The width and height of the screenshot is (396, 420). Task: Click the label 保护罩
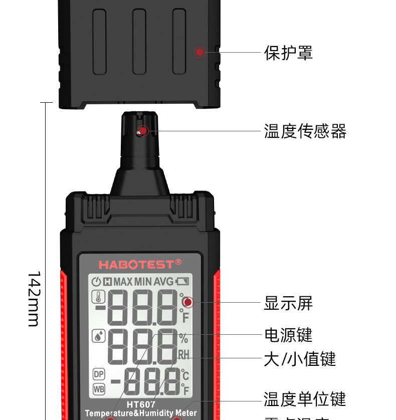pos(288,53)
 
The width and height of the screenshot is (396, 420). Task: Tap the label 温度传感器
pos(305,131)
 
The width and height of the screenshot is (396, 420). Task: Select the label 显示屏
pos(288,303)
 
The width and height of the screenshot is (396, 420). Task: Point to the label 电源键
pos(288,334)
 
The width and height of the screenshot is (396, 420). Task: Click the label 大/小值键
pos(300,359)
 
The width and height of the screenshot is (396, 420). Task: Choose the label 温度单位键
pos(305,399)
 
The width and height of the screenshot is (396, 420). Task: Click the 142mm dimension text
pos(33,299)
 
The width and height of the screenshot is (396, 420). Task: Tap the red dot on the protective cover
pos(200,52)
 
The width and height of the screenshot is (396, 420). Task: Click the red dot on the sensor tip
pos(143,131)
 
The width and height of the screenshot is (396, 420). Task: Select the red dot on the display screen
pos(187,302)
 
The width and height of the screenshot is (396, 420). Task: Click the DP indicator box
pos(99,374)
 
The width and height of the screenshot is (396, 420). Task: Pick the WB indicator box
pos(99,388)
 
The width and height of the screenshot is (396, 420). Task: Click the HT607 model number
pos(140,404)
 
